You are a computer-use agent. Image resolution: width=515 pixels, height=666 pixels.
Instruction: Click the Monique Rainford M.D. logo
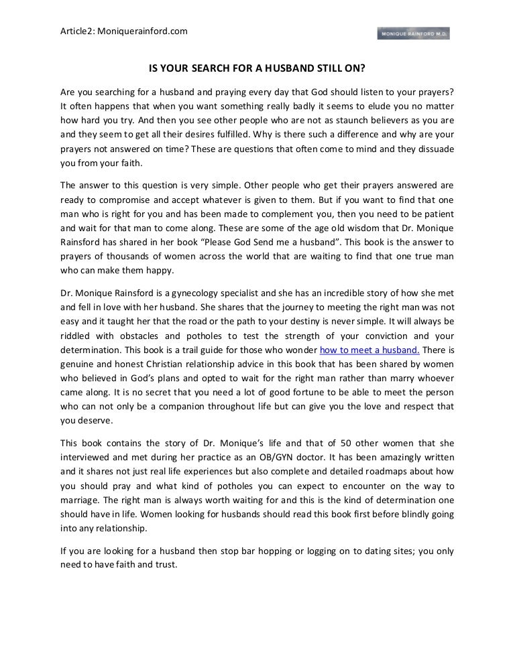[414, 33]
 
